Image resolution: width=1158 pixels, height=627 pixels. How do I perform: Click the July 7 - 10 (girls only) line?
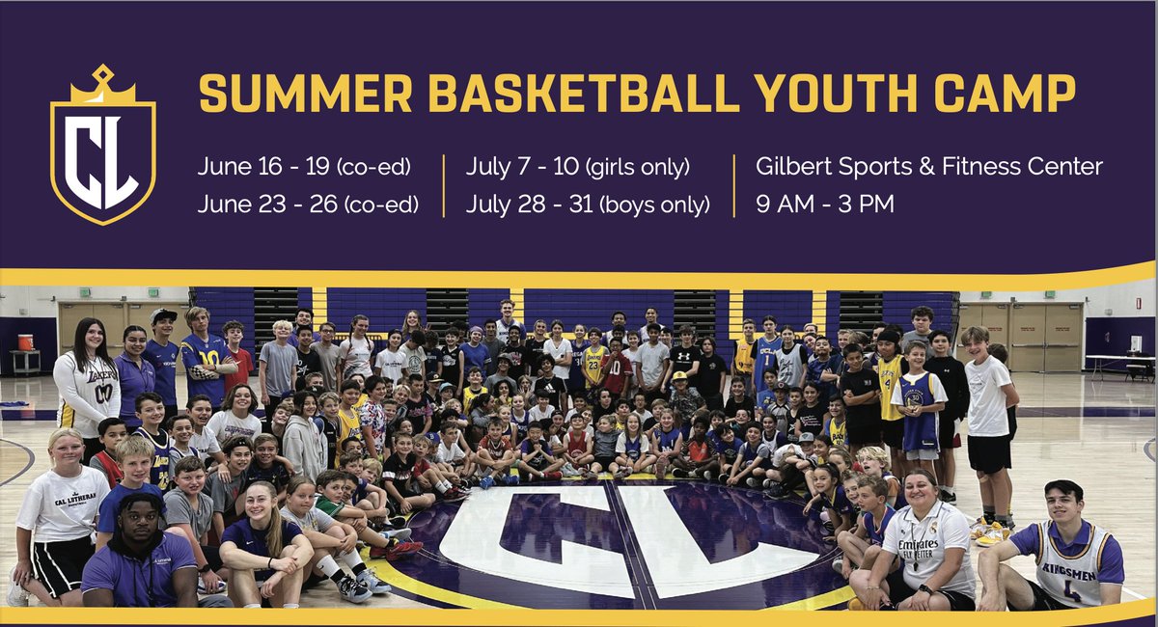coord(577,166)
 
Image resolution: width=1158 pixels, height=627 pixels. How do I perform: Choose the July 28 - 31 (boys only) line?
coord(587,204)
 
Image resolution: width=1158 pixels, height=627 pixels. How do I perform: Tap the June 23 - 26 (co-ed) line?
coord(304,204)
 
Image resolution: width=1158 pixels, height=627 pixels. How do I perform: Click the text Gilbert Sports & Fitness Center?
coord(929,166)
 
